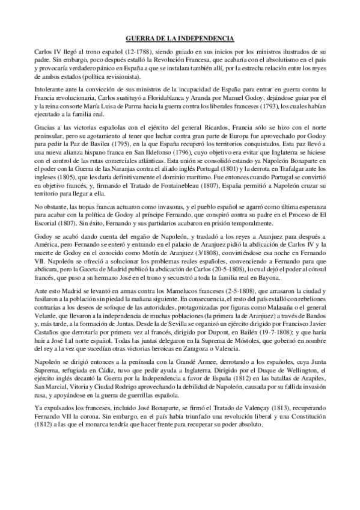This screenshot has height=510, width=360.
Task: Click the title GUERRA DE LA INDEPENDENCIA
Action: coord(180,37)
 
